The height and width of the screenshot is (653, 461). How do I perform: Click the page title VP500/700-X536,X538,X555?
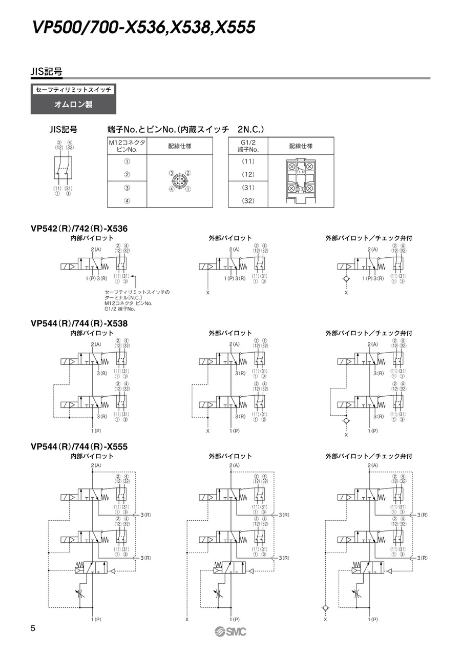pos(143,27)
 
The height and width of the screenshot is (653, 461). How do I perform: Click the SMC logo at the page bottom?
pos(230,631)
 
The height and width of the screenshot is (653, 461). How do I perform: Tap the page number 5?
pos(33,628)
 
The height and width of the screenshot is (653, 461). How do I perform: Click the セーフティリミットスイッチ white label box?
pos(73,90)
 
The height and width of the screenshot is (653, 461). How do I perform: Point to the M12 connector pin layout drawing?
pos(180,181)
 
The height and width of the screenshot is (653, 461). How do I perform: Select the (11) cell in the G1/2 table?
pos(248,161)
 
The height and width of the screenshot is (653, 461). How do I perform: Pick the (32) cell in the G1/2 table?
pos(248,201)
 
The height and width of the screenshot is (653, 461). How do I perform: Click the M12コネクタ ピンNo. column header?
pos(127,146)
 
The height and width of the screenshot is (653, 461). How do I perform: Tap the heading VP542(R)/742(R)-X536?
pos(79,229)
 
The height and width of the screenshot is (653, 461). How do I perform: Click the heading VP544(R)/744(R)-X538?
pos(79,323)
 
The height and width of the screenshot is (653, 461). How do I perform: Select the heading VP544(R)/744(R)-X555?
pos(79,446)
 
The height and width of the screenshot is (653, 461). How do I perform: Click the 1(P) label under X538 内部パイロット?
pos(95,431)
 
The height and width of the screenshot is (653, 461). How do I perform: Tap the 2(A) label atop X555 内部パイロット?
pos(95,464)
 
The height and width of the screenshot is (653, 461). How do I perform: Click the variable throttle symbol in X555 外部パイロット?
pos(217,596)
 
